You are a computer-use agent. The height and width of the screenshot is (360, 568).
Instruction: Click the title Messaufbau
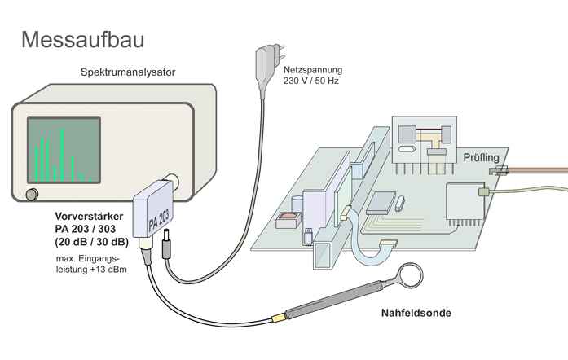click(x=83, y=39)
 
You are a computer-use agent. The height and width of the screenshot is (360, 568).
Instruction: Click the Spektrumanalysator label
click(x=127, y=72)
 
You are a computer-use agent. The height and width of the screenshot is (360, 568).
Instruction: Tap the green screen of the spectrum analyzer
click(x=61, y=150)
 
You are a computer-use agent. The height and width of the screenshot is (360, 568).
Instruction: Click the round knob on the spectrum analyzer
click(x=31, y=194)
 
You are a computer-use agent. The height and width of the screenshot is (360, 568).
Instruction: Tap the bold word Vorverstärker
click(x=89, y=217)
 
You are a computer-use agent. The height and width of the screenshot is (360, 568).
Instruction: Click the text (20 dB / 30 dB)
click(x=91, y=242)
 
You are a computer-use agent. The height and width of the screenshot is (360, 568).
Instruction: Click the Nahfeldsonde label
click(x=416, y=312)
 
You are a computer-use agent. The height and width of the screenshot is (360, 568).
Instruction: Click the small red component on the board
click(x=286, y=219)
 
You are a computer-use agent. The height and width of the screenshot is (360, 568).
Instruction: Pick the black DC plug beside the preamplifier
click(x=167, y=245)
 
